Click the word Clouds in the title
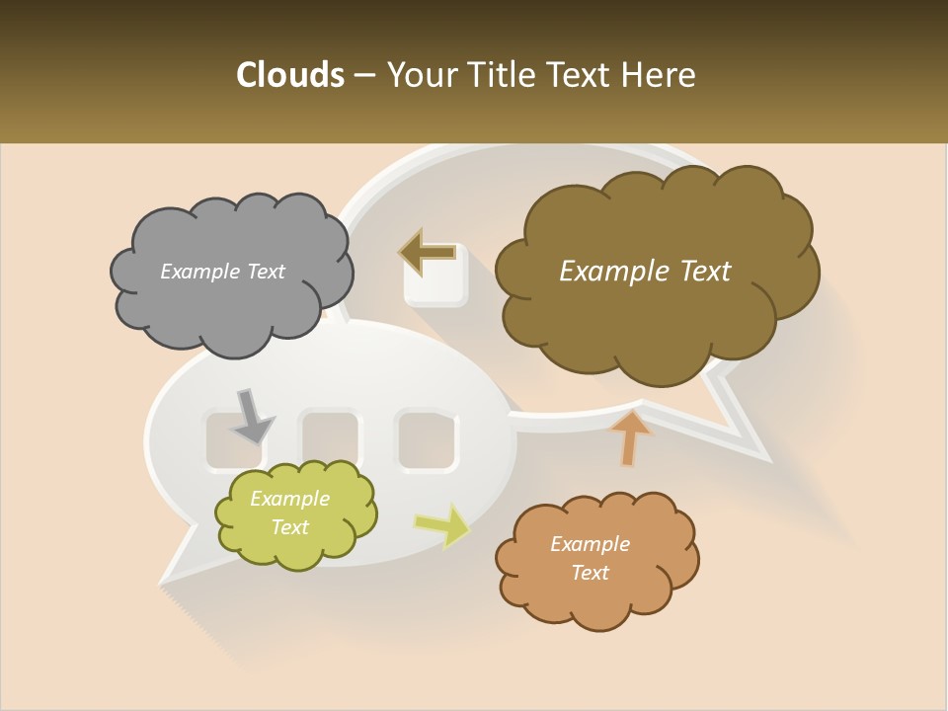click(x=289, y=75)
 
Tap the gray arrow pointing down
click(x=252, y=415)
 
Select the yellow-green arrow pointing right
click(x=442, y=525)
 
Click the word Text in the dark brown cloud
click(x=706, y=272)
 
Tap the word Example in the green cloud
click(x=289, y=499)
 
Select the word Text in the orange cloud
click(x=590, y=573)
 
